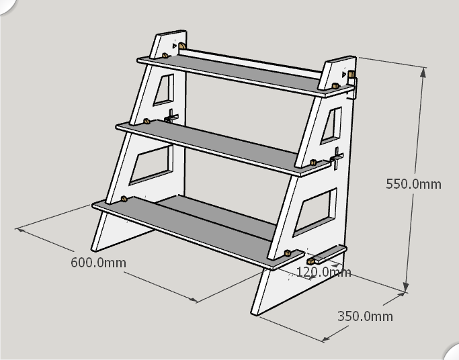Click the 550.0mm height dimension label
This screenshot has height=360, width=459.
(413, 183)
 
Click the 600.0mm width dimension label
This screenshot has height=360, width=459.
(98, 262)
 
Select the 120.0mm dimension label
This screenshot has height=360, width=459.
(323, 272)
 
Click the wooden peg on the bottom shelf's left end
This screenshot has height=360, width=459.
(124, 199)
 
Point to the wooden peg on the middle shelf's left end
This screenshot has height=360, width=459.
(147, 122)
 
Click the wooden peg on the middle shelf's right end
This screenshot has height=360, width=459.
(314, 163)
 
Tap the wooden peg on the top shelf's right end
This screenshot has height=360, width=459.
(334, 87)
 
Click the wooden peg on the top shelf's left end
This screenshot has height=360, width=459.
(165, 55)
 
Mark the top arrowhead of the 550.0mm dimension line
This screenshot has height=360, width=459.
(423, 71)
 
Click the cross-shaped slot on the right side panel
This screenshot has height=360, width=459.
(337, 159)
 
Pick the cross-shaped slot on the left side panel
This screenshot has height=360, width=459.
(171, 116)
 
